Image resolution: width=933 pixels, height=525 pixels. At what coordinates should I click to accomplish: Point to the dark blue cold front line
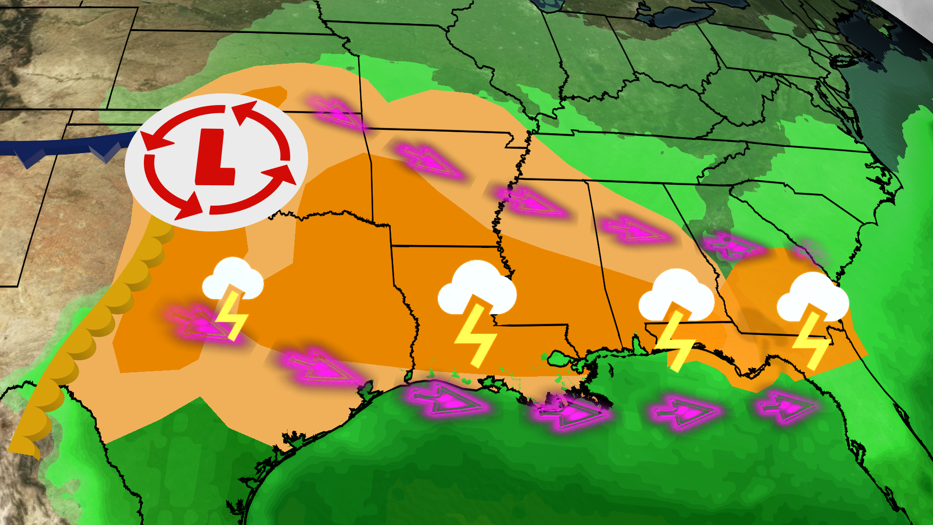[63, 146]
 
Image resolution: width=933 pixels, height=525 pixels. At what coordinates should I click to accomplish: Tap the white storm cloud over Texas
[233, 280]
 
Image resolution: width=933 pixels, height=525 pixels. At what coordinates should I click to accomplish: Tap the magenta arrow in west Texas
[202, 323]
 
